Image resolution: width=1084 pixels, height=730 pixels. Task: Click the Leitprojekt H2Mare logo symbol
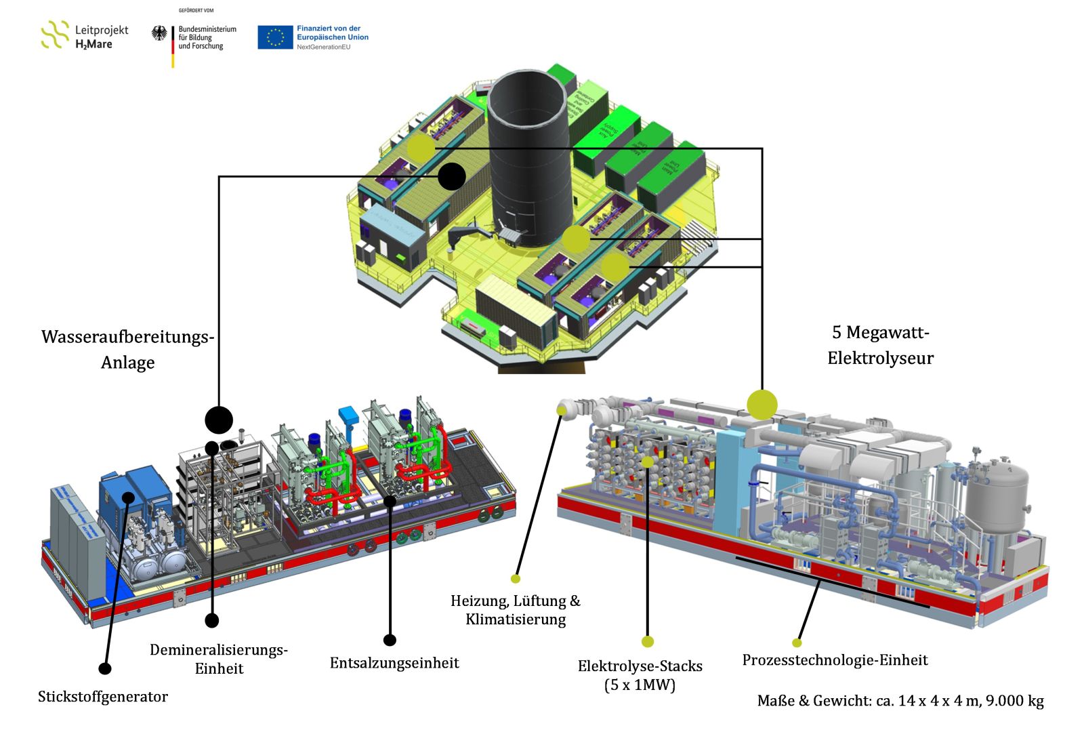(55, 35)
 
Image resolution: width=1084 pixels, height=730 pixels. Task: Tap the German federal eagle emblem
(159, 34)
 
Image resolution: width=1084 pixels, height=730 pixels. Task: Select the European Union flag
(274, 37)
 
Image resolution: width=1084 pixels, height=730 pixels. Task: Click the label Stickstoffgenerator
(103, 697)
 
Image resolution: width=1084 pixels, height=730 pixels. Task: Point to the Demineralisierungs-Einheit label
(219, 659)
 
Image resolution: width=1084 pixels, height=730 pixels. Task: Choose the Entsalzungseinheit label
(394, 663)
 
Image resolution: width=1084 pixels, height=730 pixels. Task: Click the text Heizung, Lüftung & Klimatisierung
(516, 610)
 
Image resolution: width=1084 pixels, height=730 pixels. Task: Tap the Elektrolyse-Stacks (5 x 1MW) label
(640, 675)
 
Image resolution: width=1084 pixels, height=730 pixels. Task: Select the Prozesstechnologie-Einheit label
(835, 660)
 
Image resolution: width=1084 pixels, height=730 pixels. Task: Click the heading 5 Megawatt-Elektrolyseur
(880, 345)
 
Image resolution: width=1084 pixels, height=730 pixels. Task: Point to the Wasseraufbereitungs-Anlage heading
(127, 349)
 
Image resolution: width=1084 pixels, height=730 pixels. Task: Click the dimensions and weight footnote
(900, 701)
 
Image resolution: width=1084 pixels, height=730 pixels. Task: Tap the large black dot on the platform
(452, 177)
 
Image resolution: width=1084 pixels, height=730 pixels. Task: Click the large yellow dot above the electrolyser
(762, 405)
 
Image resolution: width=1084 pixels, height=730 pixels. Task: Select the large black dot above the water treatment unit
(219, 420)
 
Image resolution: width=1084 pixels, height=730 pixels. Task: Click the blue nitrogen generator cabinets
(135, 498)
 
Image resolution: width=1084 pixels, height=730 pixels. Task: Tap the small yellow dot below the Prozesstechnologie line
(797, 643)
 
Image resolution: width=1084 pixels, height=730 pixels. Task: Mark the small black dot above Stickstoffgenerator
(105, 669)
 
